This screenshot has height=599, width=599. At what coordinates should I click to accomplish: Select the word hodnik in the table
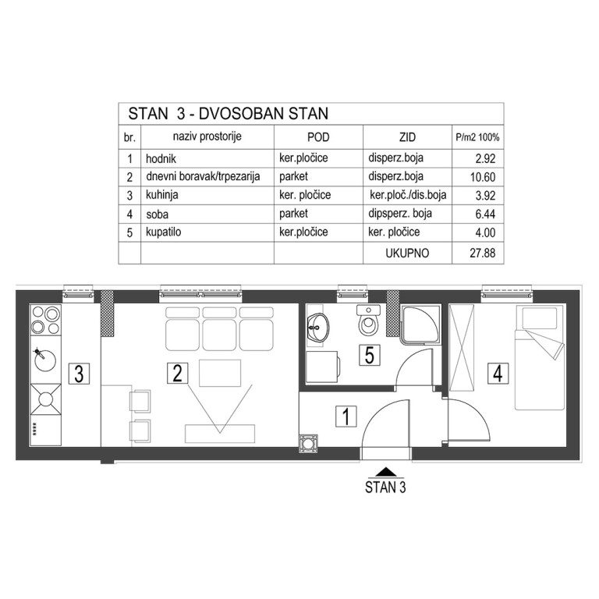tap(161, 158)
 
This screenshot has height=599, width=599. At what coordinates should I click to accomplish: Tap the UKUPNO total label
tap(407, 253)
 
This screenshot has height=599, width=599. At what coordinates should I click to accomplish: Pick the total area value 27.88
tap(483, 253)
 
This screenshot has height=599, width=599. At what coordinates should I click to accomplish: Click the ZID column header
tap(407, 137)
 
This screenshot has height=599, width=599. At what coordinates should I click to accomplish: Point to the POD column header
tap(318, 137)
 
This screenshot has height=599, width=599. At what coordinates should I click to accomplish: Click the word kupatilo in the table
tap(164, 232)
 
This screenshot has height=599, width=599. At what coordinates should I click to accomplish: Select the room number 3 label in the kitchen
tap(79, 374)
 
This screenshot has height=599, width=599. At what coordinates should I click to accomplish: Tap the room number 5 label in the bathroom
tap(370, 355)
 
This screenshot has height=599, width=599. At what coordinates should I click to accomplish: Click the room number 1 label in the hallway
tap(346, 416)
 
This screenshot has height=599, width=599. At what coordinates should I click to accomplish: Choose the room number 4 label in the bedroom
tap(498, 374)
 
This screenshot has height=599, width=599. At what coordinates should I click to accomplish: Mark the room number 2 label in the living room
tap(178, 374)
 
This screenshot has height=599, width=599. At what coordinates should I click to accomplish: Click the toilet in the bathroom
tap(368, 320)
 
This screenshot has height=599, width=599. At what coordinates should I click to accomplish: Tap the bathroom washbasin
tap(318, 328)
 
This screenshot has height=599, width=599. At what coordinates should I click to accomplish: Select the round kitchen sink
tap(45, 360)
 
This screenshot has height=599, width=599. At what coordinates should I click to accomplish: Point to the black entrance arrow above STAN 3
tap(386, 471)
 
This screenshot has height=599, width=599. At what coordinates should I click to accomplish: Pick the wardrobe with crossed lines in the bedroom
tap(462, 348)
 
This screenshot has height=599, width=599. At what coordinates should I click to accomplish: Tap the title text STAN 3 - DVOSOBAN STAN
tap(228, 114)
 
